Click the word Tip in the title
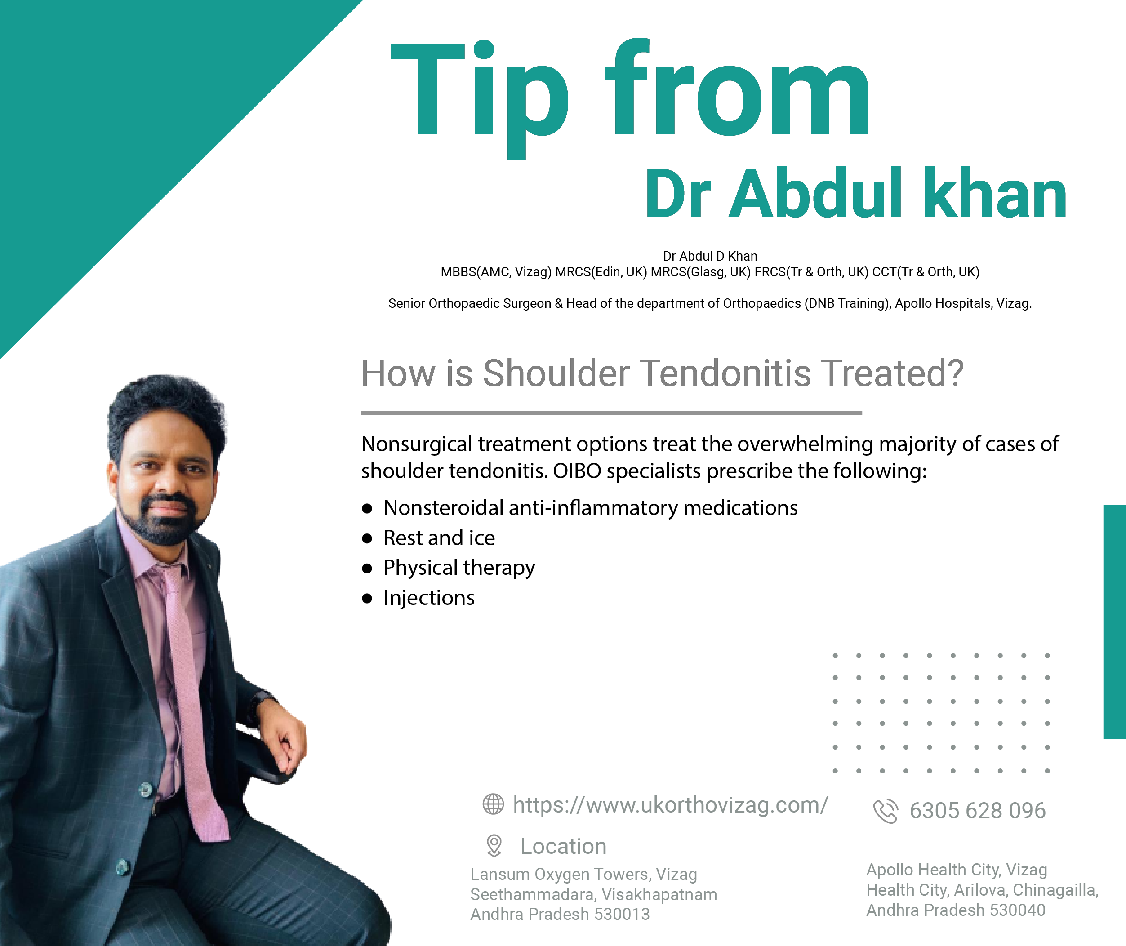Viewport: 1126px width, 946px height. (x=479, y=99)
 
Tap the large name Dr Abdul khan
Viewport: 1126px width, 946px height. (x=856, y=194)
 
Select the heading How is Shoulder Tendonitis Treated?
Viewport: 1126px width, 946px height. (x=663, y=373)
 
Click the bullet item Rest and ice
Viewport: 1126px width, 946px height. (x=439, y=538)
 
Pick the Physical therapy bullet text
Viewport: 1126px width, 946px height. (x=459, y=568)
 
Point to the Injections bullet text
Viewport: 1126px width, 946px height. (x=429, y=599)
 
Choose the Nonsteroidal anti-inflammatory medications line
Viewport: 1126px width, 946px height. (x=591, y=508)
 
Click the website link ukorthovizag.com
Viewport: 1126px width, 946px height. (x=671, y=805)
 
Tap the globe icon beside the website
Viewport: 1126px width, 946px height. (x=493, y=804)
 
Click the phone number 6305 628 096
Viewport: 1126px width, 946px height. (x=977, y=811)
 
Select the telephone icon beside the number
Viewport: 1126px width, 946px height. (x=885, y=811)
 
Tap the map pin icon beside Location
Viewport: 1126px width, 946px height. (x=494, y=846)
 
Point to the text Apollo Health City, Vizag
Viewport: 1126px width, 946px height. (x=957, y=869)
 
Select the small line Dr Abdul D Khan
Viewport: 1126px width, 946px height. (x=710, y=256)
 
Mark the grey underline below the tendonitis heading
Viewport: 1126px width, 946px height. (x=612, y=413)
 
